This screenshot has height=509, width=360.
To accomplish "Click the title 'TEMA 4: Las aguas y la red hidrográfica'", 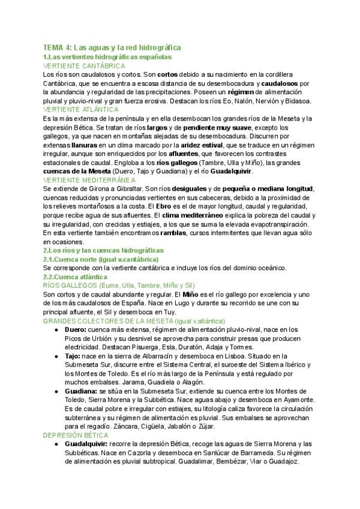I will [112, 47].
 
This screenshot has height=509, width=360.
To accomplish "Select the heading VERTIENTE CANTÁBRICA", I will [84, 65].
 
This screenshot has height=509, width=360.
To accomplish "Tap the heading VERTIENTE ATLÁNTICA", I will [81, 109].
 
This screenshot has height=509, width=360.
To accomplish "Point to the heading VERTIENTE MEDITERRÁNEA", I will [89, 179].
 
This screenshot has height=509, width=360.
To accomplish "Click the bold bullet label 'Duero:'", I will [75, 330].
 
